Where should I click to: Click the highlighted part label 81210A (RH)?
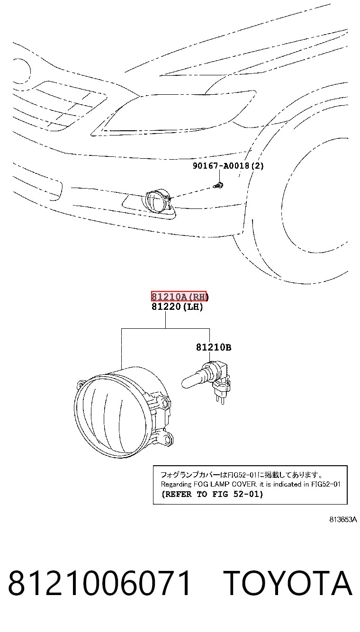click(179, 296)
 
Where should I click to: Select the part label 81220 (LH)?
click(177, 307)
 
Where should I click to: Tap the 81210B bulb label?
click(214, 347)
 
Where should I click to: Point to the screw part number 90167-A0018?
click(221, 166)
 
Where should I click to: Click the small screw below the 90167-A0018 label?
click(218, 186)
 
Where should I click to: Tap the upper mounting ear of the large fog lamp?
click(163, 402)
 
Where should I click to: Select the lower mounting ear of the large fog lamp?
click(165, 438)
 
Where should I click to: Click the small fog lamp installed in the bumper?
click(158, 201)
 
